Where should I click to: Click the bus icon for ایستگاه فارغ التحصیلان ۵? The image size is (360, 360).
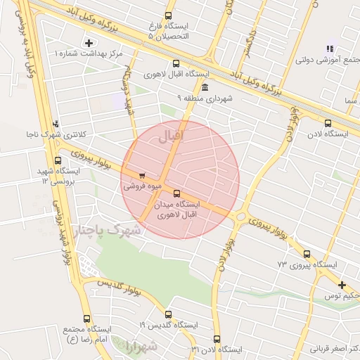click(167, 15)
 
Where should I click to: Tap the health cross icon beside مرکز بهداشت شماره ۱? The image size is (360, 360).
click(88, 44)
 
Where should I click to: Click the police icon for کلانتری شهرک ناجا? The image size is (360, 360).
click(56, 124)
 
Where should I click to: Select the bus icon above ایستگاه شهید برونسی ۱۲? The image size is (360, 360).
click(58, 160)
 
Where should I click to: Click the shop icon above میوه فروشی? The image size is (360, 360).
click(143, 176)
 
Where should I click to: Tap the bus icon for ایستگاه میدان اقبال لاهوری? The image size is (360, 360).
click(176, 193)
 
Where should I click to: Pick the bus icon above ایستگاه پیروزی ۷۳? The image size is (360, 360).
click(307, 254)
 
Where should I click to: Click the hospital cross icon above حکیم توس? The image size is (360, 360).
click(342, 285)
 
